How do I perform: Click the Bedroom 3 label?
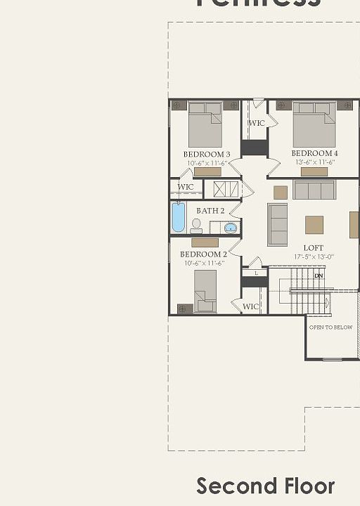click(x=207, y=154)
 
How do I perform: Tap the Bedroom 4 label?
click(x=314, y=153)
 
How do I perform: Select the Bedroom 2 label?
click(x=203, y=254)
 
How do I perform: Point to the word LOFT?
click(x=314, y=247)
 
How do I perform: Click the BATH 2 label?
click(x=210, y=211)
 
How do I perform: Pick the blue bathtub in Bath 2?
click(x=179, y=217)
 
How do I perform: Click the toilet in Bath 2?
click(x=196, y=226)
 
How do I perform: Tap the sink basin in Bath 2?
click(x=231, y=227)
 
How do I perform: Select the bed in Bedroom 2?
click(x=205, y=290)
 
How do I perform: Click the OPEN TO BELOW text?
click(x=330, y=327)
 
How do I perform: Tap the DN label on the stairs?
click(x=319, y=275)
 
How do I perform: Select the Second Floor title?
click(x=265, y=486)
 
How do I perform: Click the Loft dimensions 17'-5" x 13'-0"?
click(x=314, y=257)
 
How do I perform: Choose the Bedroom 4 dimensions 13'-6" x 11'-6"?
click(x=314, y=162)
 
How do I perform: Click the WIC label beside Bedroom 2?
click(x=251, y=306)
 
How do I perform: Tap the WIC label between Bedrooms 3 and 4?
click(x=257, y=123)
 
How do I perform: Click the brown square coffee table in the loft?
click(x=314, y=224)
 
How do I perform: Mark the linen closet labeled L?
click(x=256, y=273)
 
